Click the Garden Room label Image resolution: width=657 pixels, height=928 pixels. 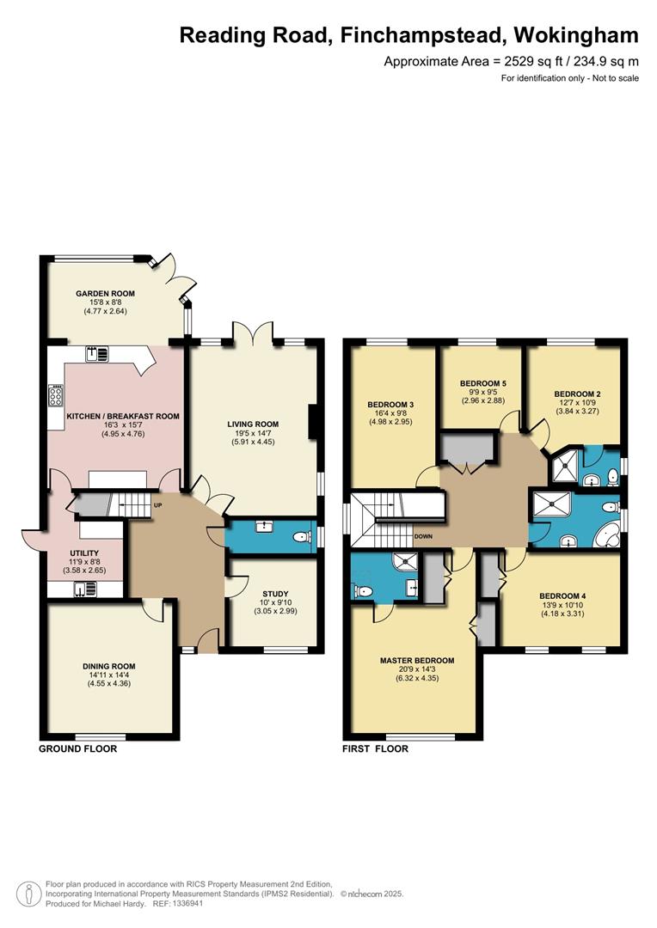click(x=105, y=293)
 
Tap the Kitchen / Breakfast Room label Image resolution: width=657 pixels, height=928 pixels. click(x=123, y=416)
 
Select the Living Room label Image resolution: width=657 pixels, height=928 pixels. click(x=253, y=424)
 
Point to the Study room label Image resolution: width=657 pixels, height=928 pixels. click(x=275, y=594)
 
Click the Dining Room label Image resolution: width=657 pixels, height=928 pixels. click(x=109, y=666)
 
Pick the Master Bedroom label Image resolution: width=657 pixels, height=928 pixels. click(x=417, y=661)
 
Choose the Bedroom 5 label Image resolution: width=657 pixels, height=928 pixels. click(x=483, y=383)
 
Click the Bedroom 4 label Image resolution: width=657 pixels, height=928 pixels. click(x=562, y=596)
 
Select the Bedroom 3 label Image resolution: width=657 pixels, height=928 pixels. click(x=390, y=405)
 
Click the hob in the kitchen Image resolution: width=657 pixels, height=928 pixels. click(x=56, y=395)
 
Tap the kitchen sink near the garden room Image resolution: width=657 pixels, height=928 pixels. click(x=97, y=354)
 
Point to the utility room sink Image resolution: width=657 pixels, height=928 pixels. click(x=85, y=589)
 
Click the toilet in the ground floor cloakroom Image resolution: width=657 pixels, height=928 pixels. click(x=303, y=537)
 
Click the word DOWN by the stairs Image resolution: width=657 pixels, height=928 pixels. click(x=424, y=536)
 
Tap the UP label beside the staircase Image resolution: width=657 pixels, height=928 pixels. click(x=157, y=505)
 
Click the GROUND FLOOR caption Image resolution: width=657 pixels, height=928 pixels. click(x=78, y=748)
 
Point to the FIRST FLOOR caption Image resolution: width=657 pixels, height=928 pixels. click(x=376, y=748)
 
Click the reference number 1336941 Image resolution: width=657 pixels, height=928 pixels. click(x=187, y=904)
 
